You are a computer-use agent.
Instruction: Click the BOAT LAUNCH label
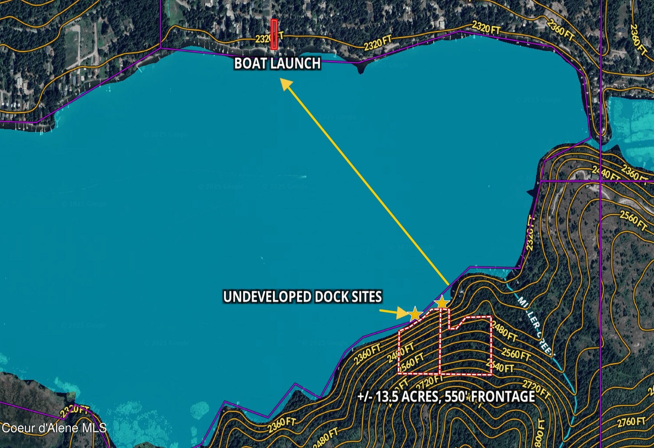point(277,63)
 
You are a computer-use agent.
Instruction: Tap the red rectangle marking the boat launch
point(274,34)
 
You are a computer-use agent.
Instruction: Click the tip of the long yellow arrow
point(282,80)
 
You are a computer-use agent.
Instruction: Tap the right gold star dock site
point(442,303)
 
